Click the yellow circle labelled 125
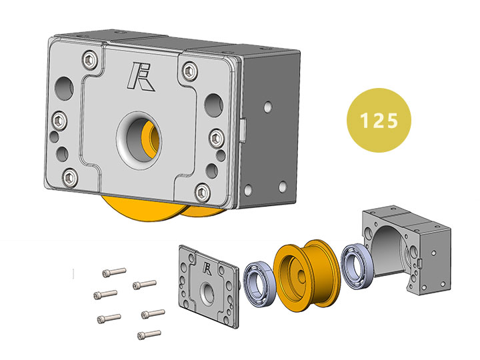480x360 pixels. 379,120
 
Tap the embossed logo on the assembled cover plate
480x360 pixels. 141,77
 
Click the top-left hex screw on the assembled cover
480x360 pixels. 90,60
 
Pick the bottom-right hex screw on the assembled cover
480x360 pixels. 203,192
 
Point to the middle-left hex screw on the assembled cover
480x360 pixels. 59,121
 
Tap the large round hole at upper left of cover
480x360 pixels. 64,89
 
